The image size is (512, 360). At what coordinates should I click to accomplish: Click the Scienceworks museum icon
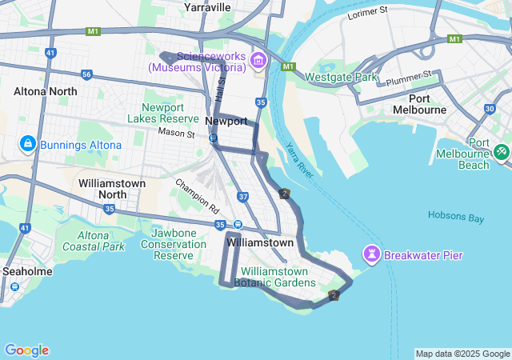click(x=258, y=61)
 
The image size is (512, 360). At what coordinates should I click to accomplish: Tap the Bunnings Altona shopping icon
click(x=28, y=144)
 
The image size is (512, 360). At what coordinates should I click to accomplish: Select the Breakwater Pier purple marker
click(x=372, y=255)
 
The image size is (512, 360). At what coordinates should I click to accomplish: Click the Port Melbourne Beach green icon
click(x=502, y=150)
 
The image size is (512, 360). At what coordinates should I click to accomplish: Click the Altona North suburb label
click(x=46, y=91)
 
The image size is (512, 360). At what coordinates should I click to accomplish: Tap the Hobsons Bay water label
click(x=456, y=216)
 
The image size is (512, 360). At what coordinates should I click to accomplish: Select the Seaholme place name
click(x=26, y=271)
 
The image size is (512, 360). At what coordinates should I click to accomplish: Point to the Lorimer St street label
click(x=368, y=12)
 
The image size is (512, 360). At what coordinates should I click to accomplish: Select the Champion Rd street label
click(x=197, y=194)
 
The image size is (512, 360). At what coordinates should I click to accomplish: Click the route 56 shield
click(x=86, y=74)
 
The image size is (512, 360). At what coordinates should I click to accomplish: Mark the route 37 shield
click(x=242, y=196)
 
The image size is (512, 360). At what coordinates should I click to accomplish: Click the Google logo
click(x=26, y=350)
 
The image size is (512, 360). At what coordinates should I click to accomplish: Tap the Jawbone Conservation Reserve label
click(x=174, y=243)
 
